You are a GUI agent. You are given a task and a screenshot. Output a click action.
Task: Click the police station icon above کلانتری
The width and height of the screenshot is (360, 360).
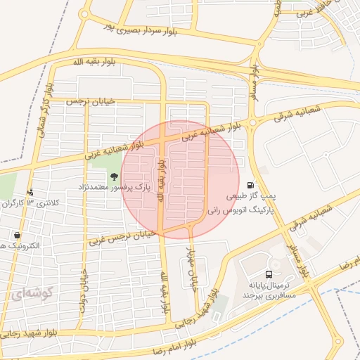pos(30,192)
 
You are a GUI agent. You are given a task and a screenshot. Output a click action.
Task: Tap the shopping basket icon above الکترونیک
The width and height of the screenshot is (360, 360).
pos(17,236)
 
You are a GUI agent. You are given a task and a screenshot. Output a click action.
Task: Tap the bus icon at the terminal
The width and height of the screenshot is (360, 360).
pos(268,274)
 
